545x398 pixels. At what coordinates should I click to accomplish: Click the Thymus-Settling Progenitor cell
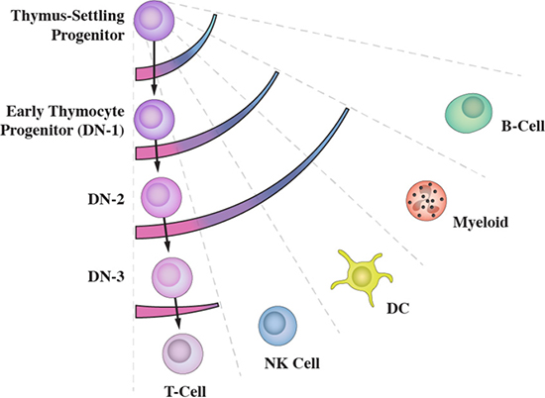coord(154,20)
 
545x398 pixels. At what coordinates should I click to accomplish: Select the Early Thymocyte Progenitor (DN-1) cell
coord(154,120)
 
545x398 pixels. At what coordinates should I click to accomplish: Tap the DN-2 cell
coord(162,197)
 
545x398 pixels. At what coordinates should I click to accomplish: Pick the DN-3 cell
coord(172,277)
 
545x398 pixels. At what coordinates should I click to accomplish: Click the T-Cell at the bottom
coord(183,353)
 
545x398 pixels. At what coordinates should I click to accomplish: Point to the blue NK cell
coord(277,326)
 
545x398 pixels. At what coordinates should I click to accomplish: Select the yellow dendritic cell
coord(362,277)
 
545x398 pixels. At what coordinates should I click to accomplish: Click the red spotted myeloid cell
coord(426,201)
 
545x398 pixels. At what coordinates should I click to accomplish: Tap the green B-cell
coord(469,112)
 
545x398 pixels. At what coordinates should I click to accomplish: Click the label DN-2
coord(106,199)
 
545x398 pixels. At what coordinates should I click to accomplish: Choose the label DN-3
coord(106,277)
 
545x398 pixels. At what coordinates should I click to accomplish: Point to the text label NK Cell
coord(292,363)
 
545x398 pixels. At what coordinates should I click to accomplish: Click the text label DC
coord(398,308)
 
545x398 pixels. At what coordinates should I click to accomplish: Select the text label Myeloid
coord(481,222)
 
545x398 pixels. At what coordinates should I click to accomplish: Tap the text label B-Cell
coord(523,127)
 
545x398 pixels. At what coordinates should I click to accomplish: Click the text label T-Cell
coord(185,391)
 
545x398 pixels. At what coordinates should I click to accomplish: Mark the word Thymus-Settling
coord(67,16)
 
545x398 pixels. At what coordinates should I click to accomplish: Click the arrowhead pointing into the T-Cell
coord(178,324)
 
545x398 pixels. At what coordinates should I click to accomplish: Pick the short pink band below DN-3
coord(177,310)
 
